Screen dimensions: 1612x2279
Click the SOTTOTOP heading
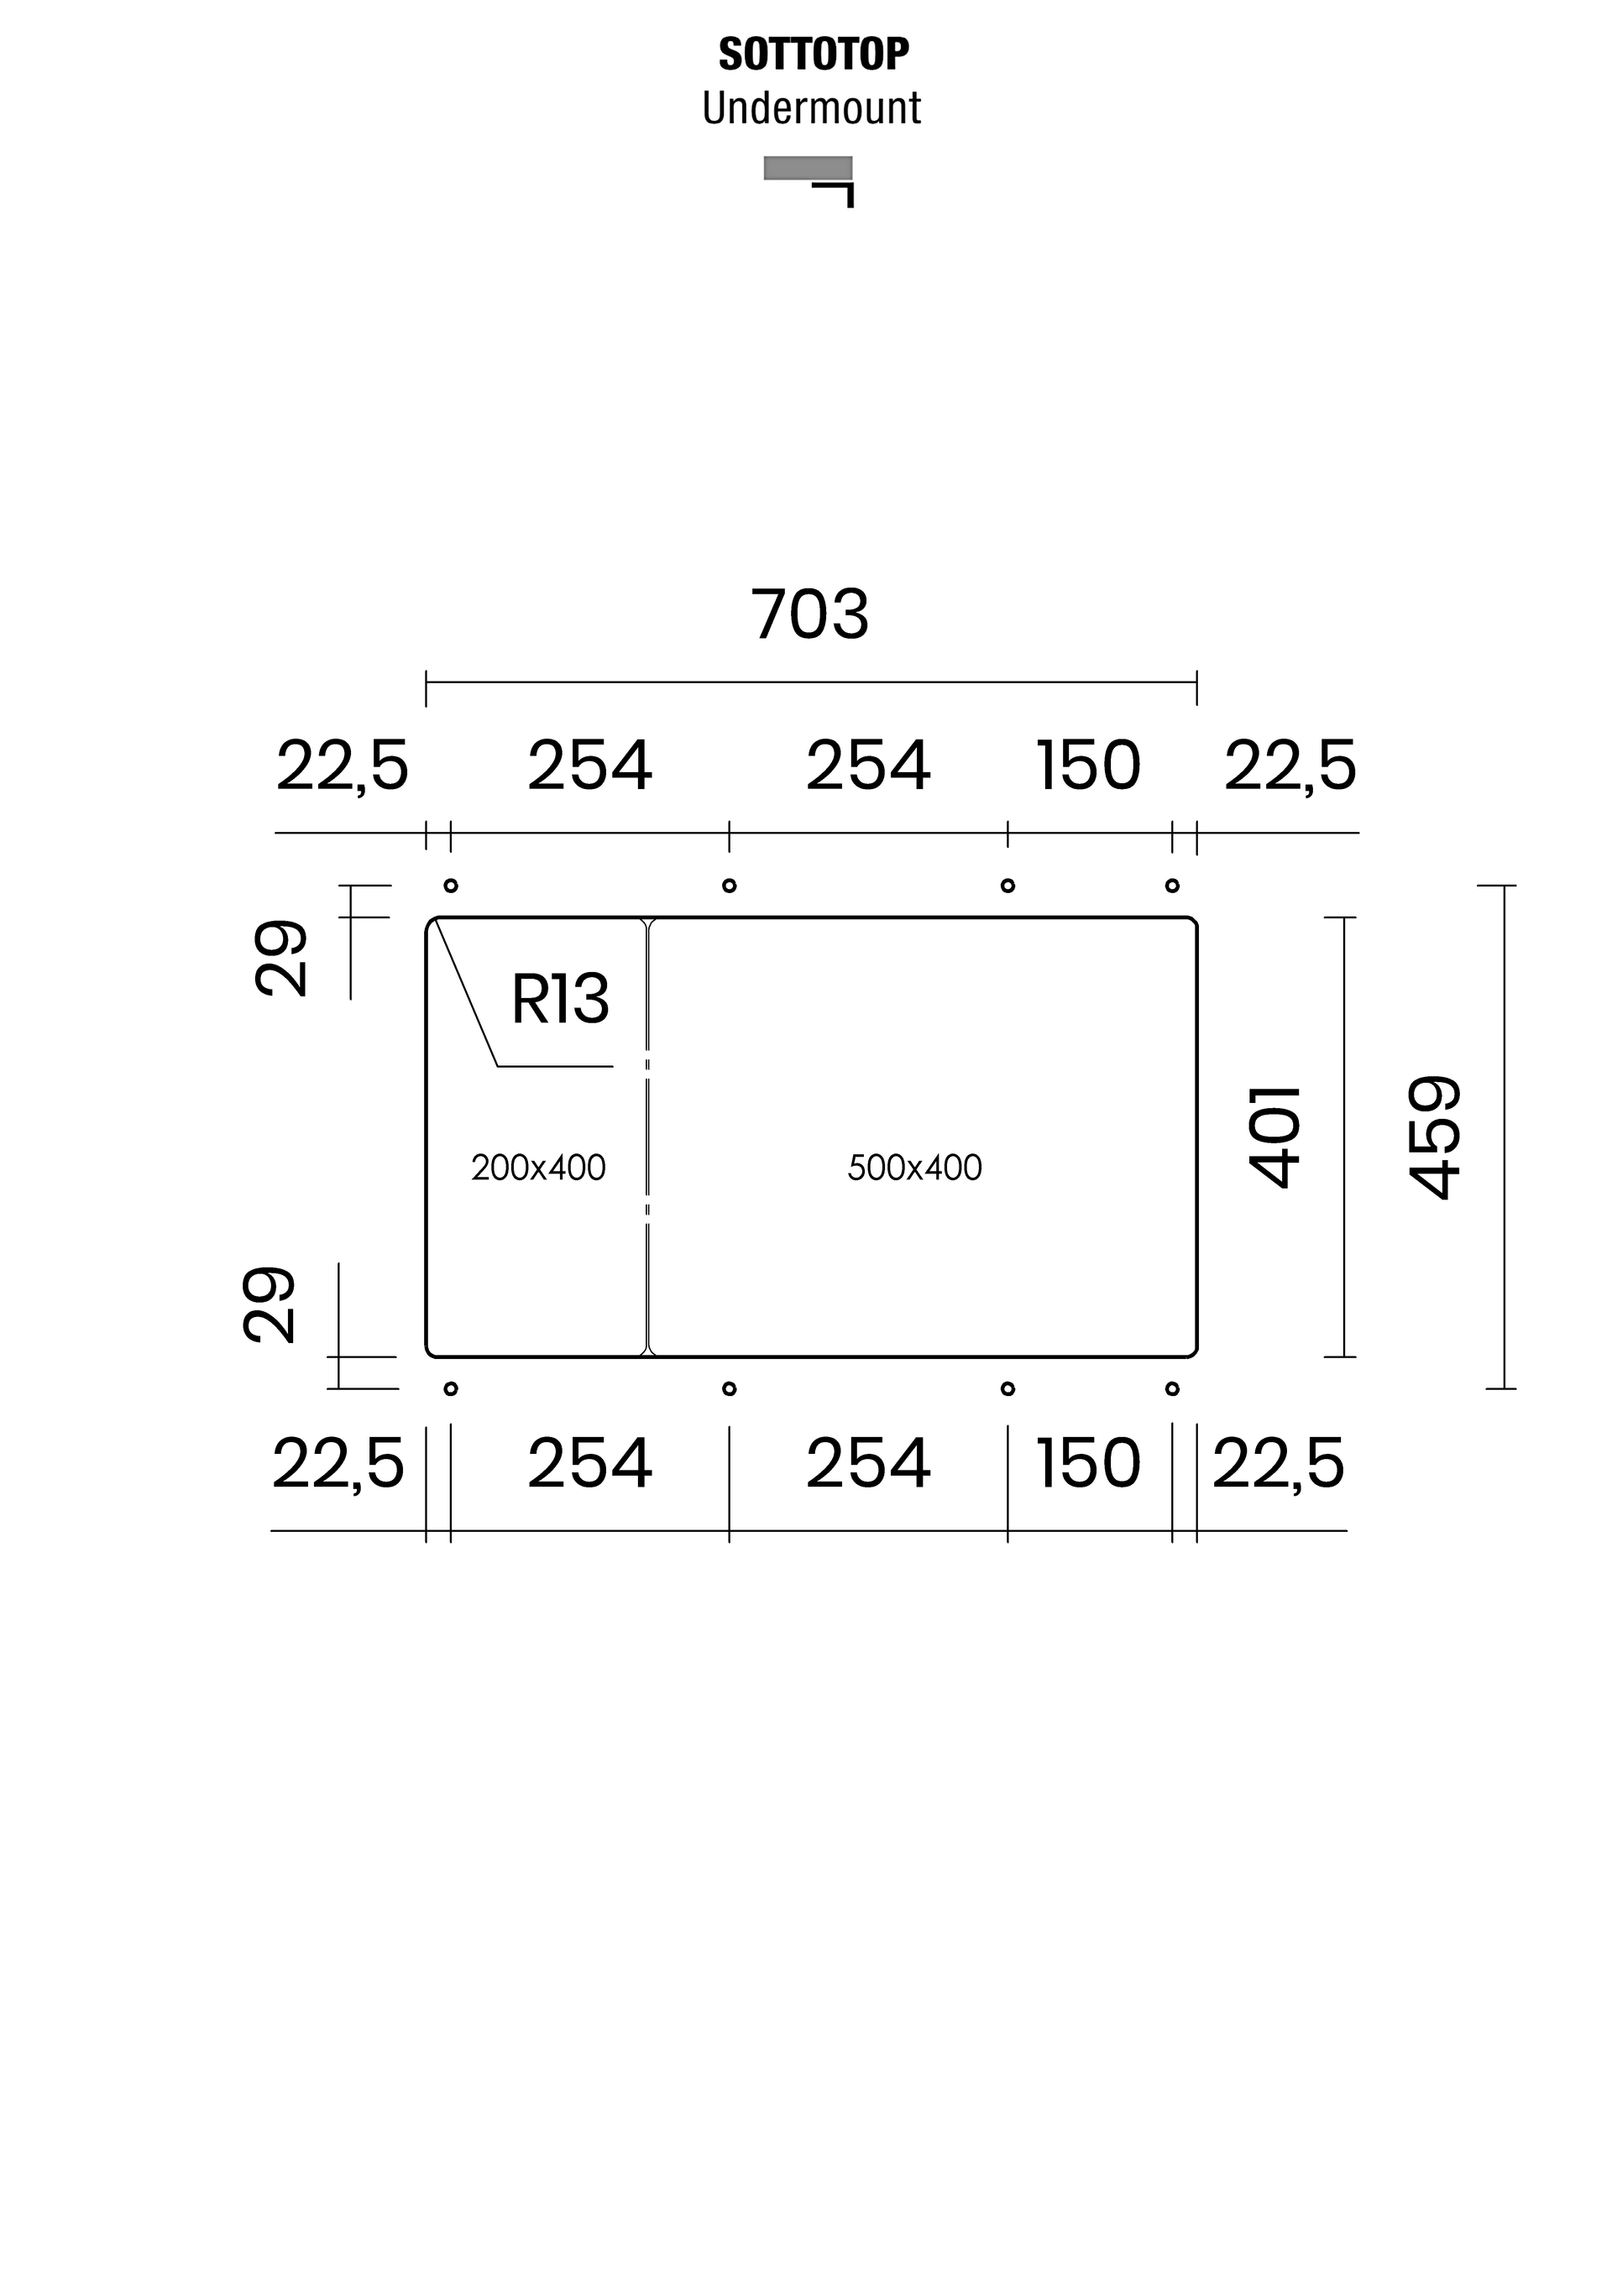pyautogui.click(x=813, y=55)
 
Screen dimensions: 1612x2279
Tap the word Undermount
pyautogui.click(x=811, y=108)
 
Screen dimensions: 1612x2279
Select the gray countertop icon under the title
pyautogui.click(x=807, y=169)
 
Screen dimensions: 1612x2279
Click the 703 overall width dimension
pyautogui.click(x=810, y=614)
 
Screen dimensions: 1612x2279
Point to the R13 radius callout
pyautogui.click(x=560, y=1000)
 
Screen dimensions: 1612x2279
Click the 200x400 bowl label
pyautogui.click(x=538, y=1168)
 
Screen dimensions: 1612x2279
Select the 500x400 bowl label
pyautogui.click(x=914, y=1168)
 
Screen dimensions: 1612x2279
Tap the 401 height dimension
pyautogui.click(x=1275, y=1137)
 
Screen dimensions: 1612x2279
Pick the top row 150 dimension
pyautogui.click(x=1088, y=767)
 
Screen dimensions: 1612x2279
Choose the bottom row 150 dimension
pyautogui.click(x=1088, y=1464)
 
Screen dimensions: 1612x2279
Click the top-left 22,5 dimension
pyautogui.click(x=342, y=767)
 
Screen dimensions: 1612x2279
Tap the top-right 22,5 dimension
pyautogui.click(x=1290, y=767)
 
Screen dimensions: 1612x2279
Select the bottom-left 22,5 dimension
pyautogui.click(x=338, y=1464)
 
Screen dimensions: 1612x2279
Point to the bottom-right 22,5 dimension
pyautogui.click(x=1278, y=1464)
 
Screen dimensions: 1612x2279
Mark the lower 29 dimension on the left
pyautogui.click(x=270, y=1305)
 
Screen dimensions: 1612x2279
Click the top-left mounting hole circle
pyautogui.click(x=451, y=886)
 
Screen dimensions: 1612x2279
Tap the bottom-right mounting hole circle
pyautogui.click(x=1172, y=1388)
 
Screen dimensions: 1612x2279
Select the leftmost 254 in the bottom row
pyautogui.click(x=589, y=1464)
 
